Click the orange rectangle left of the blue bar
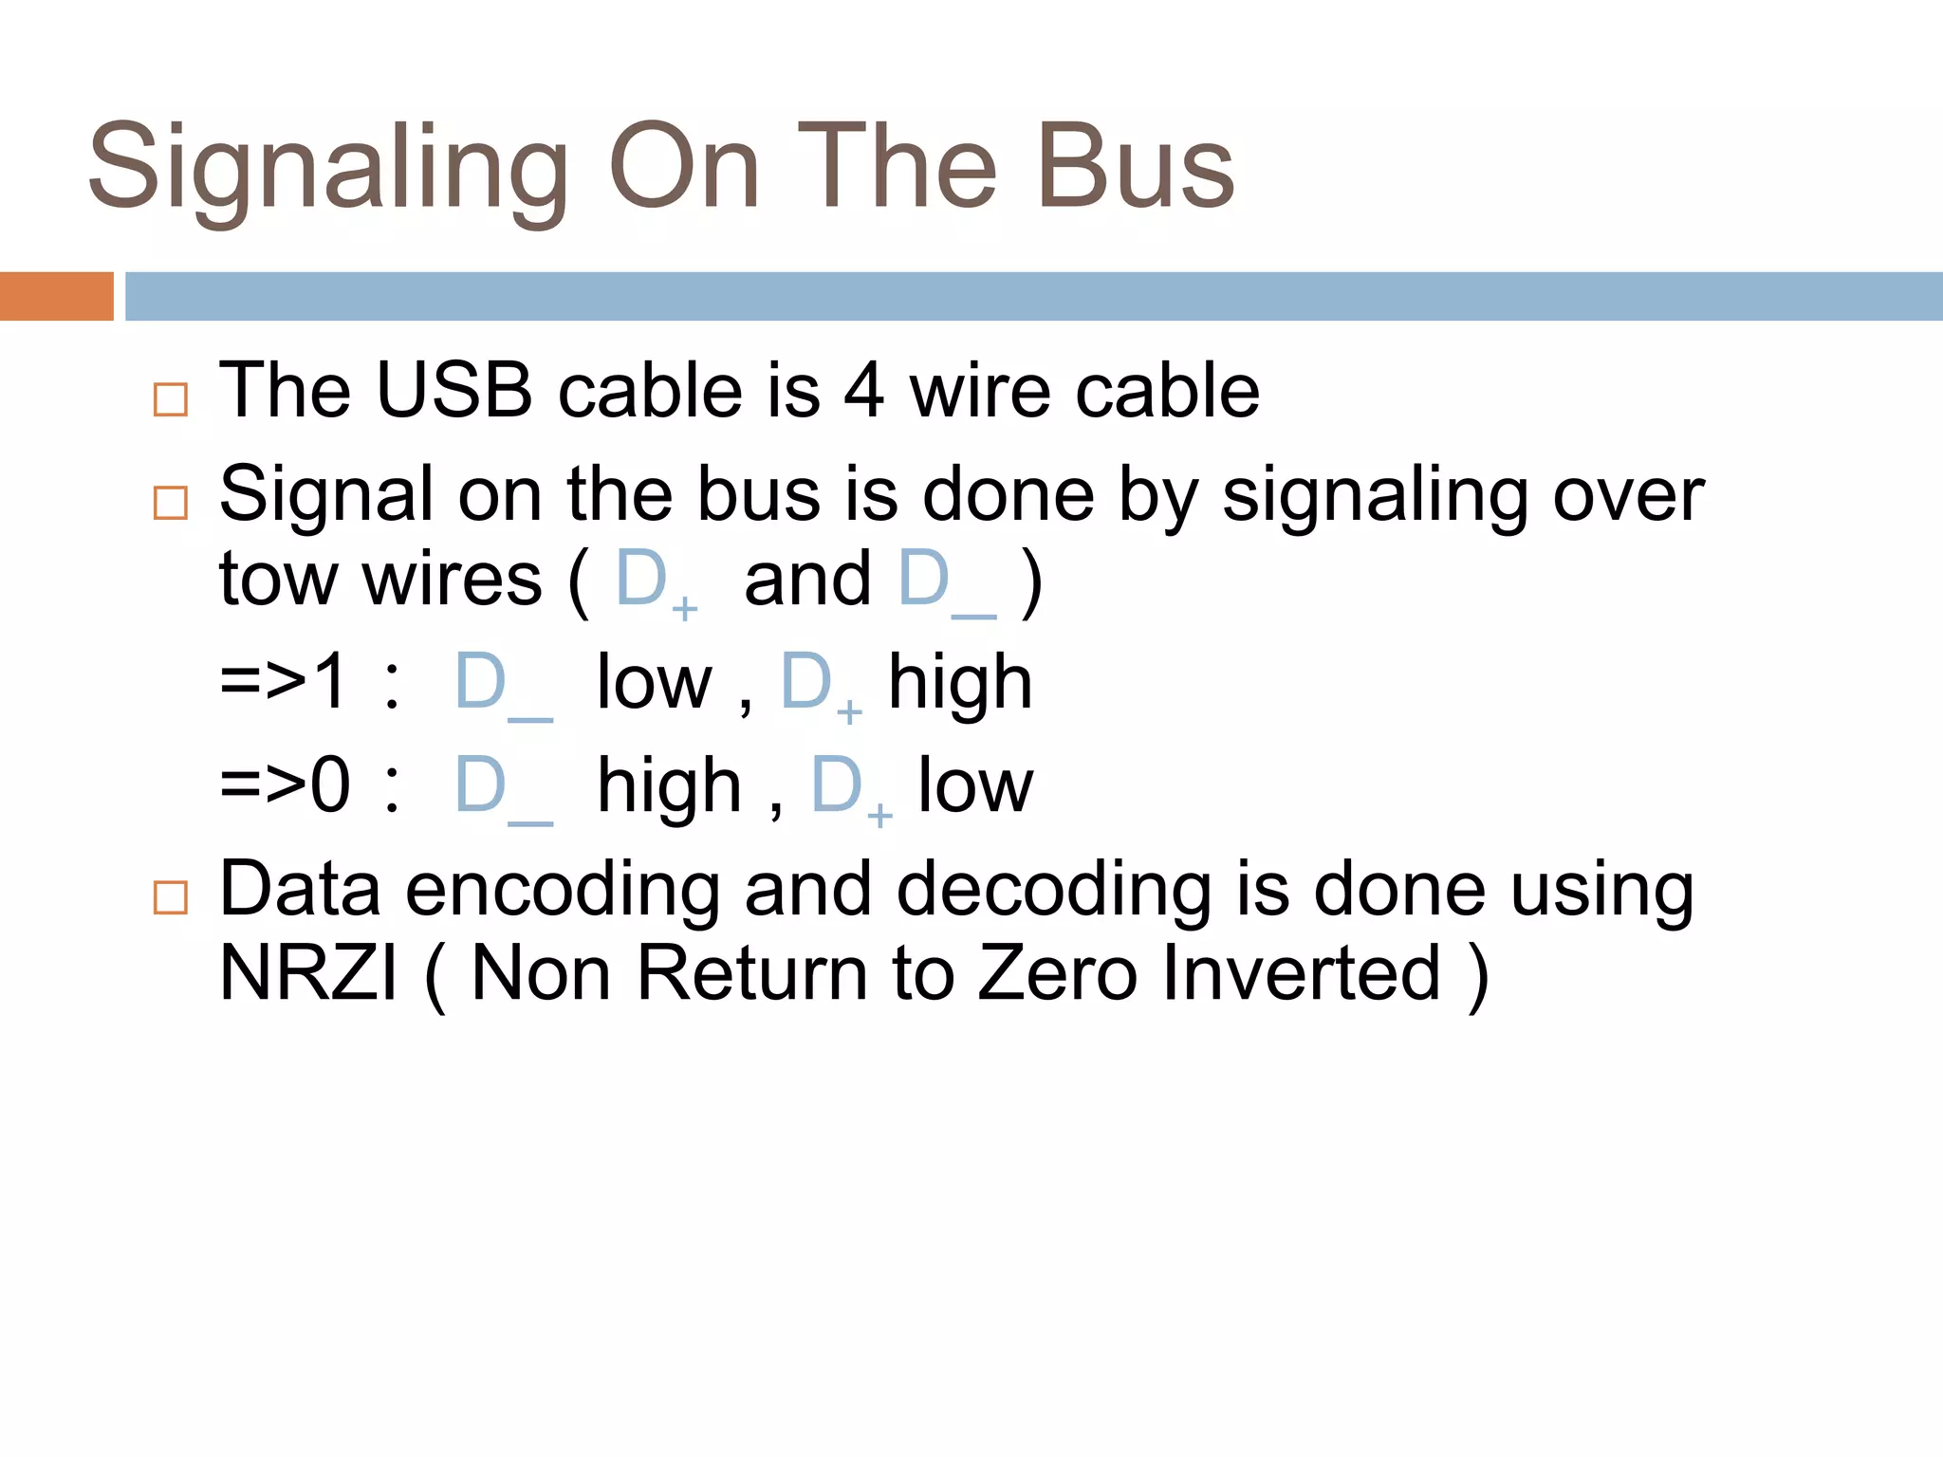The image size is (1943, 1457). click(x=56, y=296)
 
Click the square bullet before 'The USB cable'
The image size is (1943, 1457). click(x=171, y=399)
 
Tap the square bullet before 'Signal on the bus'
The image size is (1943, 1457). click(x=171, y=503)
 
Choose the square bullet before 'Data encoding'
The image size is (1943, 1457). click(x=171, y=897)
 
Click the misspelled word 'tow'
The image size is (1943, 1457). click(x=276, y=579)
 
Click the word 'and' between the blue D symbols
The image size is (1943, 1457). click(x=807, y=579)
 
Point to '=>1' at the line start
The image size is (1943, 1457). click(x=283, y=681)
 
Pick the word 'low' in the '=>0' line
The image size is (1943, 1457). click(x=975, y=785)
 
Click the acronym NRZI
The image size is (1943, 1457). click(x=308, y=973)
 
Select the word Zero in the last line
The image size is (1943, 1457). click(x=1057, y=973)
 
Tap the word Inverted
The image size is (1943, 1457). click(x=1302, y=973)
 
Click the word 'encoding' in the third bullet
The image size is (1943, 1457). click(x=562, y=892)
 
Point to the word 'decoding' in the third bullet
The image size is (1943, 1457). click(x=1053, y=892)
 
